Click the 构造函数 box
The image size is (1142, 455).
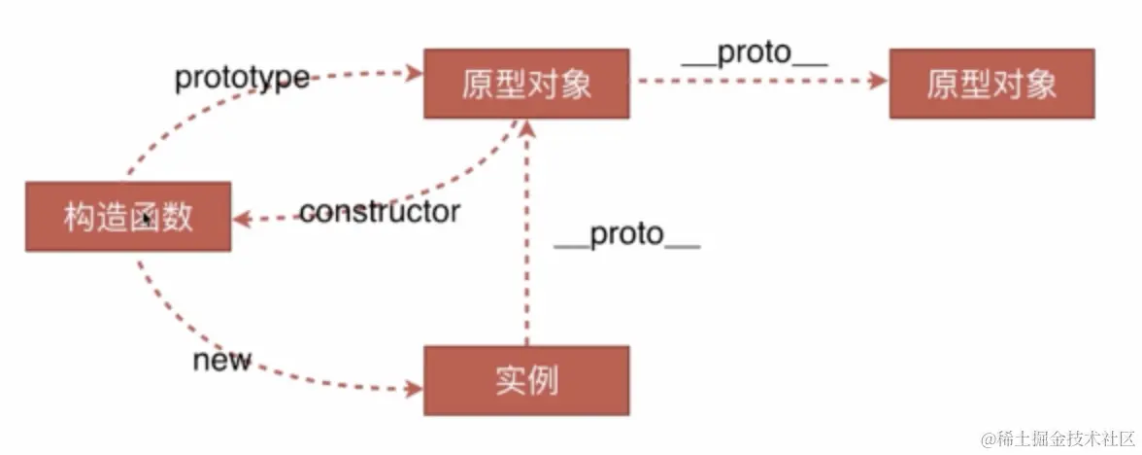[127, 216]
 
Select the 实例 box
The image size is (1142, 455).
[526, 380]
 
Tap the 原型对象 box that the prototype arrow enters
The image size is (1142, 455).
[526, 84]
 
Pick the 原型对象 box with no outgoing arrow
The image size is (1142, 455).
[991, 84]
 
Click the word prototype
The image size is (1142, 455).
[242, 78]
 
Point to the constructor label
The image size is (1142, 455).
[380, 212]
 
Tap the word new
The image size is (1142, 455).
[221, 361]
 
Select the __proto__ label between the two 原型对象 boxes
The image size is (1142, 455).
[755, 54]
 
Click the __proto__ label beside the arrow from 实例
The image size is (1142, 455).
[627, 235]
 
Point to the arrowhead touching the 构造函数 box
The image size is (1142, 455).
[242, 220]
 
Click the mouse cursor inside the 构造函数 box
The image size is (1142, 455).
[144, 218]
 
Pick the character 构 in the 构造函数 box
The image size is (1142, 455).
[81, 216]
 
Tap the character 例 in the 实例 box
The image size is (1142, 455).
[545, 380]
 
